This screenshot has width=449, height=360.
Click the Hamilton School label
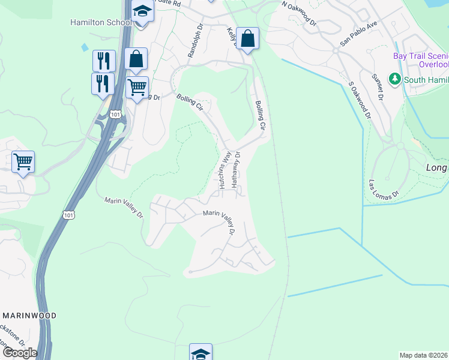tap(101, 22)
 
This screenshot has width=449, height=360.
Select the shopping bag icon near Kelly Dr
tap(247, 39)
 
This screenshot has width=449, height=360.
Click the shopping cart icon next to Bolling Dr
tap(137, 88)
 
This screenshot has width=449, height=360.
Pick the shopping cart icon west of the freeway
tap(23, 161)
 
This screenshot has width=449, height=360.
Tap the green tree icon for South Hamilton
tap(394, 79)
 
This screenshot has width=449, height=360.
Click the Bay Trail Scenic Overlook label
tap(420, 60)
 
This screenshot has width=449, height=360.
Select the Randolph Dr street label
tap(192, 41)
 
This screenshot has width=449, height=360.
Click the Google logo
tap(19, 352)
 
